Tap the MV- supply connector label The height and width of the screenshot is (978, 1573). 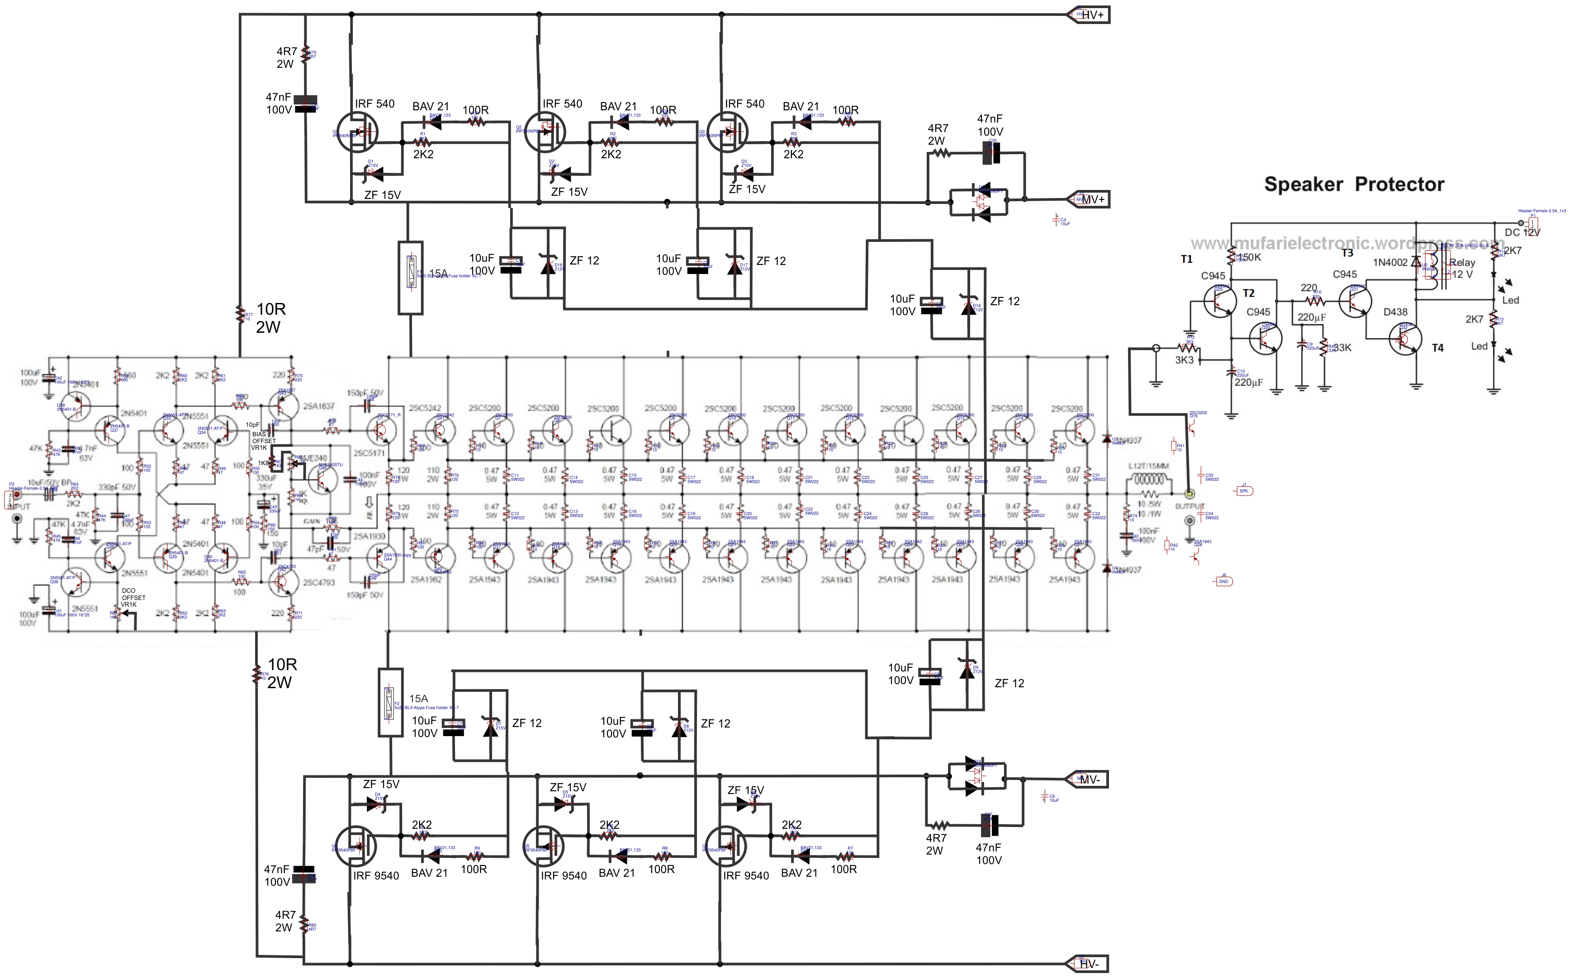coord(1090,780)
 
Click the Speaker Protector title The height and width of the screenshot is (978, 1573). coord(1354,184)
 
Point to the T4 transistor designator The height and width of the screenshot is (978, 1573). coord(1437,348)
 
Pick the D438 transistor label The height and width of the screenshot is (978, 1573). coord(1395,312)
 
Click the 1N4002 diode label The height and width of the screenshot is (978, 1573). coord(1390,263)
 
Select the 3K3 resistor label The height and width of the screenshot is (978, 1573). coord(1184,359)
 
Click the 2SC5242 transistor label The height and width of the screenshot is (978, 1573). coord(425,408)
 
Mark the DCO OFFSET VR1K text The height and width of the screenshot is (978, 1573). coord(133,598)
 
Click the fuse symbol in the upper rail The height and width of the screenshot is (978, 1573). coord(410,278)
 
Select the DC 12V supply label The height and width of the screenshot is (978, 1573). coord(1522,232)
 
